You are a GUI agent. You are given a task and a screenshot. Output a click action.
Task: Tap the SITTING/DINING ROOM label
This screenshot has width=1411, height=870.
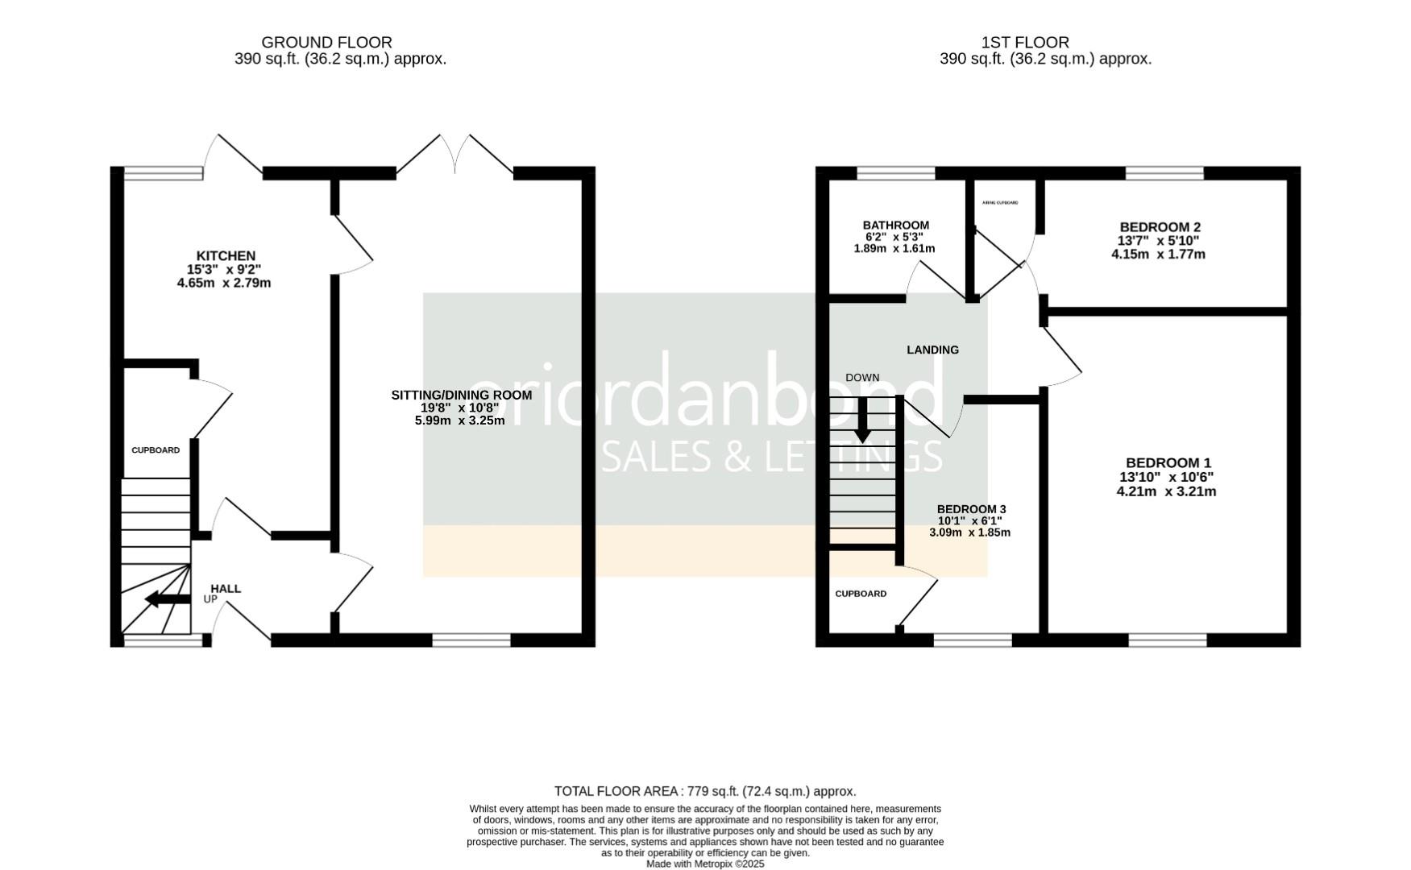(x=461, y=395)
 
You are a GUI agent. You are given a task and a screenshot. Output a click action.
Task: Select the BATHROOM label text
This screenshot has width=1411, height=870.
(x=895, y=226)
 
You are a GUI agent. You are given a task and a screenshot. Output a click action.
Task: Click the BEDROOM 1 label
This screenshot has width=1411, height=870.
(x=1168, y=462)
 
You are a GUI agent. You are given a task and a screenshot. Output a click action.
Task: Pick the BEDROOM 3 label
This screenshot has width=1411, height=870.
(x=971, y=509)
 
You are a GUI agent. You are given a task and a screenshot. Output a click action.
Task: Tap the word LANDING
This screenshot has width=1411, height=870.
(x=932, y=350)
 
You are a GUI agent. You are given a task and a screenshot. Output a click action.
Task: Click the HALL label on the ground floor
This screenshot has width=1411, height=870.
(x=226, y=589)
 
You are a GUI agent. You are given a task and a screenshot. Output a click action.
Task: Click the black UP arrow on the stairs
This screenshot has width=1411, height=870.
(x=167, y=599)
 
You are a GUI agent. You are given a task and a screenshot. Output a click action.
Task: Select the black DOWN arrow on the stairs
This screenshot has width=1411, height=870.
(x=862, y=420)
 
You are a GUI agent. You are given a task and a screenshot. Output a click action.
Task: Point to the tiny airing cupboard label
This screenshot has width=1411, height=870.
(x=1000, y=203)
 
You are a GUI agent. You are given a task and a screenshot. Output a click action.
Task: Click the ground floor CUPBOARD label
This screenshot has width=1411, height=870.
(x=156, y=450)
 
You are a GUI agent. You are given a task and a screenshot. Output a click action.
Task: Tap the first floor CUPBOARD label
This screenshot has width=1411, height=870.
(x=861, y=594)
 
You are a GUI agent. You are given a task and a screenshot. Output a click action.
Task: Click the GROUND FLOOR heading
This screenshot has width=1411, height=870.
(x=326, y=42)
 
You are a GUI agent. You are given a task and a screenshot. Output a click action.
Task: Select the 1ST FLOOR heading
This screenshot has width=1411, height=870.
(x=1025, y=42)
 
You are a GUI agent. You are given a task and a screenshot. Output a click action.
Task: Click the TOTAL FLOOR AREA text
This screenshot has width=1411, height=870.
(x=704, y=791)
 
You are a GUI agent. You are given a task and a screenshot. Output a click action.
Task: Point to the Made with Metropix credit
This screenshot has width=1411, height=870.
(x=704, y=864)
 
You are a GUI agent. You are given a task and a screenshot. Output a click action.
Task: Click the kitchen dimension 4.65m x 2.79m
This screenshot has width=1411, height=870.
(x=224, y=284)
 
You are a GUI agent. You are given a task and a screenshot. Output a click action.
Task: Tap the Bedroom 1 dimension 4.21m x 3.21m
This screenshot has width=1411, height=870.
(x=1166, y=491)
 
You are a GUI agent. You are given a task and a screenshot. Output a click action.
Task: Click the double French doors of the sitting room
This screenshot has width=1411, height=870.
(x=455, y=155)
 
